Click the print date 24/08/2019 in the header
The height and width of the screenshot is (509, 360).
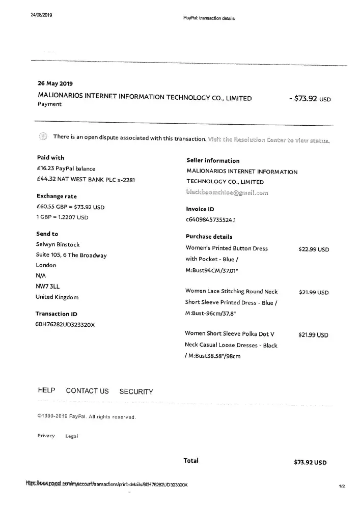click(41, 15)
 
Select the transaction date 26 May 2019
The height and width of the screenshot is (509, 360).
click(56, 83)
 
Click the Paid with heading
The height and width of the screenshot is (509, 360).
click(50, 158)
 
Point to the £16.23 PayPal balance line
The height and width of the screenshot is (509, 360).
click(66, 168)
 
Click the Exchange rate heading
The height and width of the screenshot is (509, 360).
click(57, 196)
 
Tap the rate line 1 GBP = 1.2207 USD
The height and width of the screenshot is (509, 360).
click(63, 217)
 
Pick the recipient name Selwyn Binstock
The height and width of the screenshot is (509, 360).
click(58, 244)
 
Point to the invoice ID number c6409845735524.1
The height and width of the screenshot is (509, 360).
click(211, 220)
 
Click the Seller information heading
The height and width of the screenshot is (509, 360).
click(213, 161)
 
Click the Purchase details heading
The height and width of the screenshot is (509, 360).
click(209, 237)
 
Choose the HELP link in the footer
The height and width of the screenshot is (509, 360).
click(46, 391)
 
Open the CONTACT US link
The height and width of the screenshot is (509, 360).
click(87, 391)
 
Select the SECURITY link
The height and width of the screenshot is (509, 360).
click(136, 391)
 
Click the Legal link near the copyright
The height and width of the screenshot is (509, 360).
click(71, 436)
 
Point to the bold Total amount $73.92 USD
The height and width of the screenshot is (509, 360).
click(310, 463)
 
